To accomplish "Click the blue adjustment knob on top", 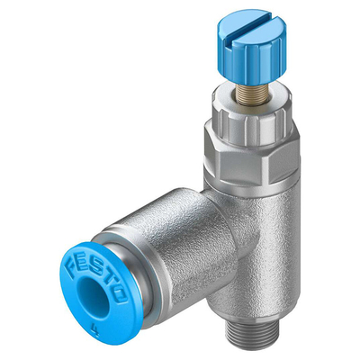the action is [x=251, y=47].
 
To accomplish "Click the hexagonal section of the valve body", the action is [x=251, y=156].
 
